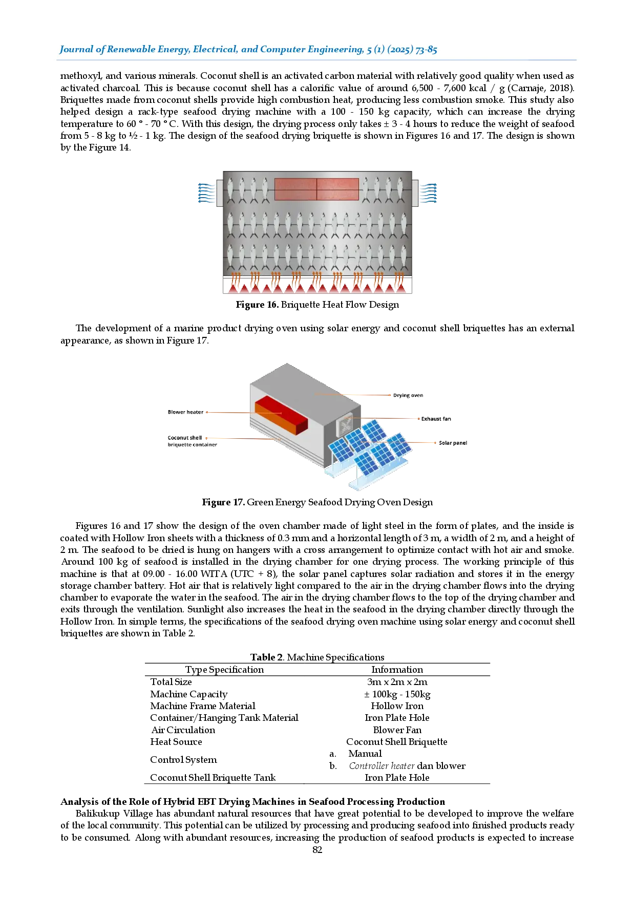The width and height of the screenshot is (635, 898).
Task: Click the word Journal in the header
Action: point(76,50)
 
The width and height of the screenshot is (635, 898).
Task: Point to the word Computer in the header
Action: point(283,50)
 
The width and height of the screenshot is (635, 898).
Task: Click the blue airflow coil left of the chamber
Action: point(206,193)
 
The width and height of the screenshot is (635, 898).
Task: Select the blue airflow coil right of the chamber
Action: point(428,193)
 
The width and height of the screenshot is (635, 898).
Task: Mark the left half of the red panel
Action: point(295,189)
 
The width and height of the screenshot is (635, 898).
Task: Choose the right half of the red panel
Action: point(337,189)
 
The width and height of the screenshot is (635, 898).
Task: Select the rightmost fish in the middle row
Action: point(404,224)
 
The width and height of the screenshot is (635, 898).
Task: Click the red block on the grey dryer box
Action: point(281,415)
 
